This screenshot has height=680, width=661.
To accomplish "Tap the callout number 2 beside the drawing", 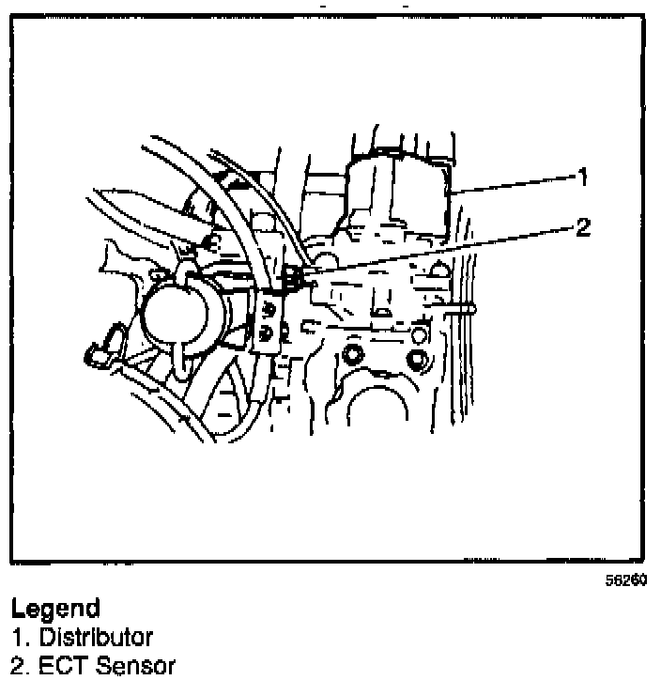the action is point(583,226).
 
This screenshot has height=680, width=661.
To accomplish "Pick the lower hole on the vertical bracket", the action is point(270,332).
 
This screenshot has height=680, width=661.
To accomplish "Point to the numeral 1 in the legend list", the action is point(17,638).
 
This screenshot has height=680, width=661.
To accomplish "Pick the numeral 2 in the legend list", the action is point(17,666).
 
